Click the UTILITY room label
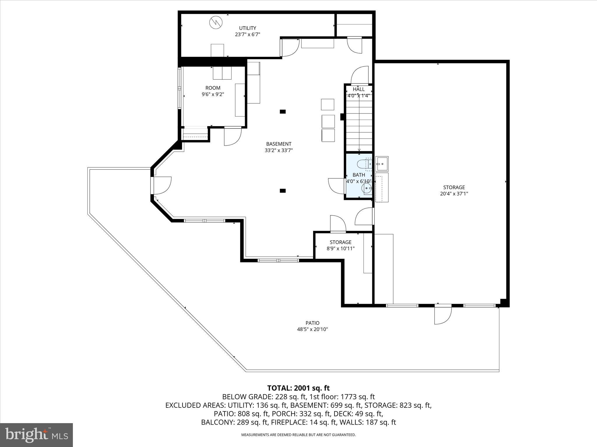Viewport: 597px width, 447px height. click(x=247, y=28)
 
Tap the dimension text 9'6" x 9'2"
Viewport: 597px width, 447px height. click(x=213, y=94)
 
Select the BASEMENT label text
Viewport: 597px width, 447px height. click(x=279, y=144)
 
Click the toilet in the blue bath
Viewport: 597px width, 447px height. click(x=364, y=164)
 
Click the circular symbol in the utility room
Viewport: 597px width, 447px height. click(x=216, y=22)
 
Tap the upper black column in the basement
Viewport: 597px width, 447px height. click(x=282, y=111)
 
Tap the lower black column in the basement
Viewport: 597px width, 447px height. click(x=282, y=191)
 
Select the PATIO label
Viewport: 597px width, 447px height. click(x=312, y=323)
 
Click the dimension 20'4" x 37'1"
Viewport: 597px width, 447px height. click(x=454, y=194)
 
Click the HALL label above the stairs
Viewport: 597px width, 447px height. click(x=359, y=89)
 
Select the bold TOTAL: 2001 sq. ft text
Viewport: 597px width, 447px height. click(x=298, y=388)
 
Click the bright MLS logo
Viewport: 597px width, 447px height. click(x=36, y=435)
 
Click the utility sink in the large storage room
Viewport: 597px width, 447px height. click(x=382, y=164)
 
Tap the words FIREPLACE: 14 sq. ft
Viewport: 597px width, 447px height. click(x=294, y=422)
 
